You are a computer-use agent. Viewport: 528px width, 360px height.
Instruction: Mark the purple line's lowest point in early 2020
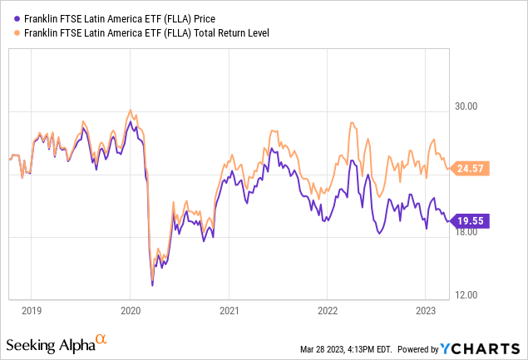152,285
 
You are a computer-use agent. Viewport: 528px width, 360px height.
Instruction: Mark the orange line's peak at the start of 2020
129,110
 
